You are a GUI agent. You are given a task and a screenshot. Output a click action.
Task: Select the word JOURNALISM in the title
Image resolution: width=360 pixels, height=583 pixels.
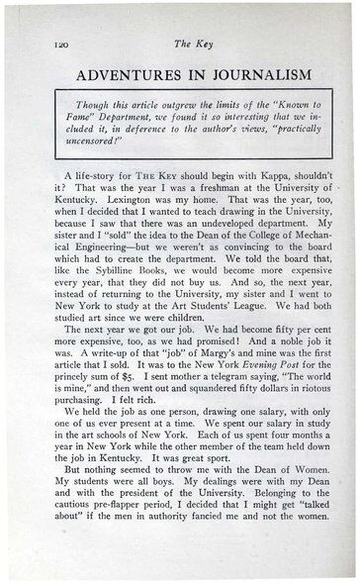[x=252, y=74]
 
